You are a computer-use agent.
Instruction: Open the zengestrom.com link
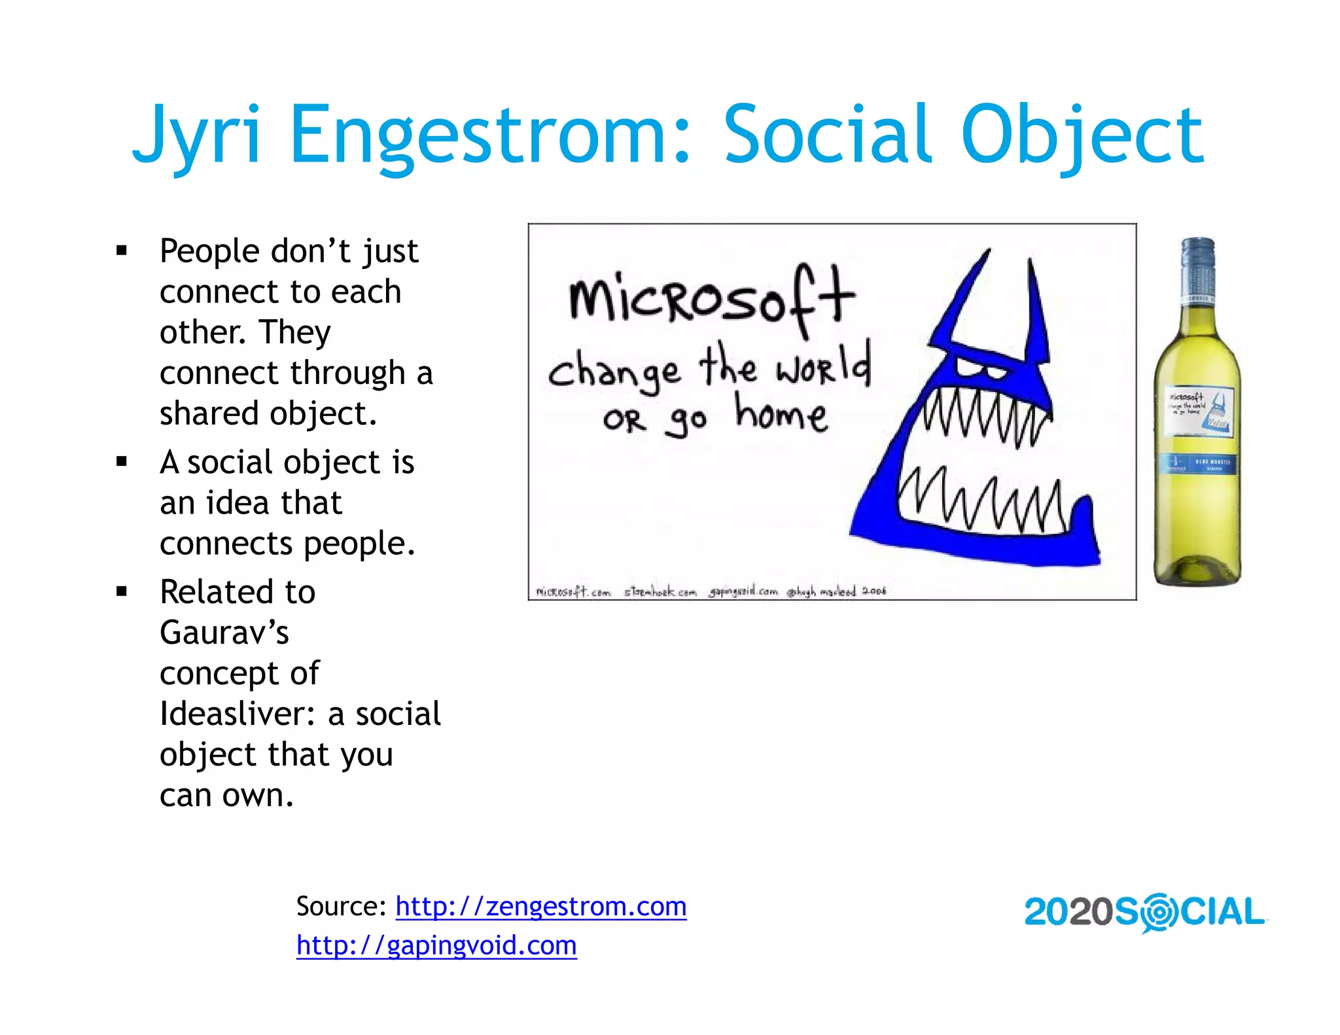[x=540, y=906]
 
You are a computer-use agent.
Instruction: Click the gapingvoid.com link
[x=436, y=945]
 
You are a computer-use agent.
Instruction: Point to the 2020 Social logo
[x=1144, y=912]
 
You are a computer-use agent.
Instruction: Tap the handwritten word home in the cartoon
[x=781, y=415]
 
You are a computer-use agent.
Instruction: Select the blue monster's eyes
[x=981, y=369]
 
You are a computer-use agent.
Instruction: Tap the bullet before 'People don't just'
[x=122, y=250]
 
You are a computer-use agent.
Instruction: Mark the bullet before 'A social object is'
[x=122, y=462]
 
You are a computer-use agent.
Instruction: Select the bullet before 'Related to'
[x=122, y=591]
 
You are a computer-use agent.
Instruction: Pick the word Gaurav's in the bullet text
[x=224, y=633]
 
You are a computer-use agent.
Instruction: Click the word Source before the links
[x=340, y=906]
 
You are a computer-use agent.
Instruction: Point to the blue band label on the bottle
[x=1200, y=463]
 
